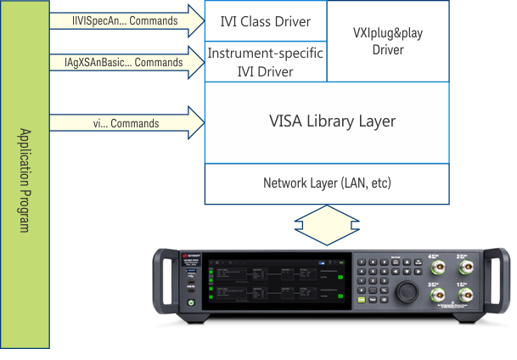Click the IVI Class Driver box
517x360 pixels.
[265, 21]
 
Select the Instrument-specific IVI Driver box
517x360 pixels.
[265, 63]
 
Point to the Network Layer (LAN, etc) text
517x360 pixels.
[327, 183]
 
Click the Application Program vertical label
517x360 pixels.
[25, 180]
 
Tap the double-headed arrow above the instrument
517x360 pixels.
[327, 226]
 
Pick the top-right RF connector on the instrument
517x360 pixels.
[466, 265]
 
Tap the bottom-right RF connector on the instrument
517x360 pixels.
[466, 294]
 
